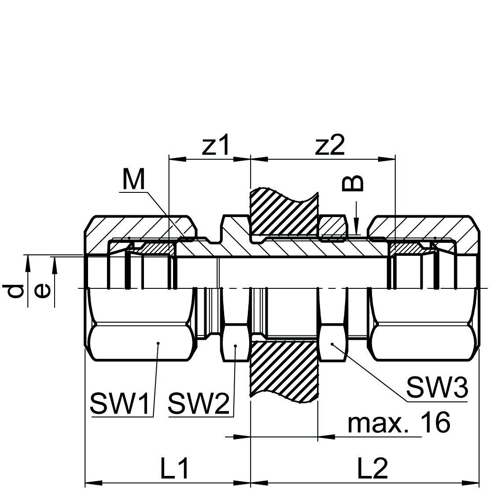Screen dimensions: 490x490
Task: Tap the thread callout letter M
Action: [134, 180]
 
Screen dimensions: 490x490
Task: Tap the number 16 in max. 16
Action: [435, 423]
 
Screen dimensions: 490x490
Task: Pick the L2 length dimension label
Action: [372, 469]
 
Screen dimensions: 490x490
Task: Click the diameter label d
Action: [17, 292]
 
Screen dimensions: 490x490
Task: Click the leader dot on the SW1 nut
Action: [158, 343]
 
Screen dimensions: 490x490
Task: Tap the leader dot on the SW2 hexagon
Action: [236, 346]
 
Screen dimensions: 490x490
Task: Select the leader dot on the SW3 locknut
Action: [332, 344]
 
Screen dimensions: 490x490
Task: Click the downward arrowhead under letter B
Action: [357, 227]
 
